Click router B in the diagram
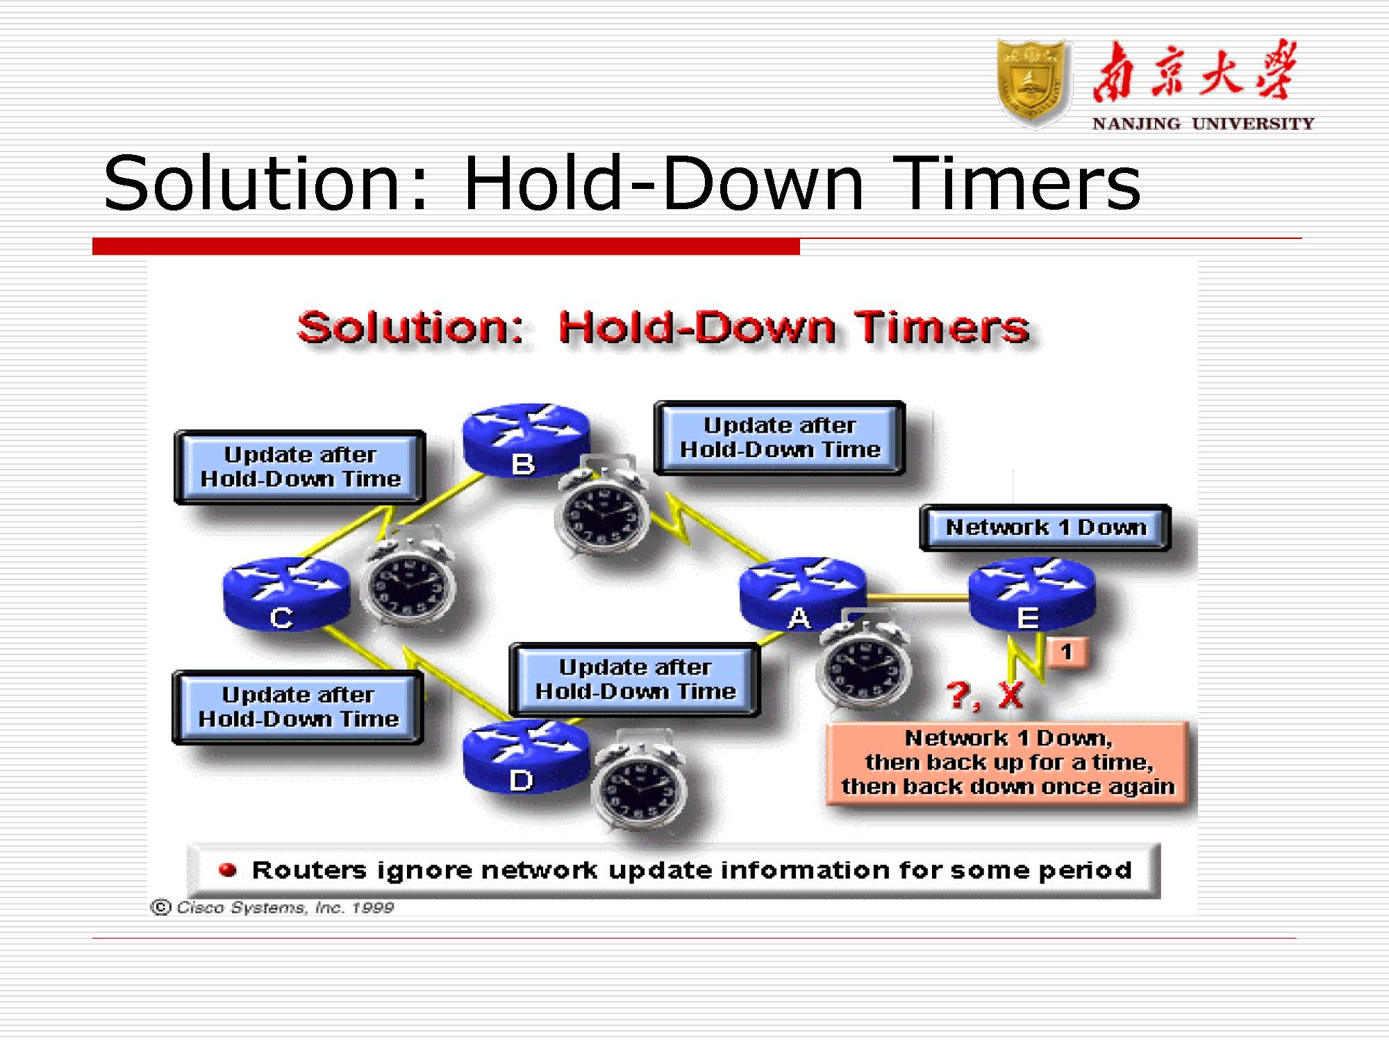(x=526, y=440)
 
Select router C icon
(x=286, y=594)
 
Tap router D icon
(x=526, y=757)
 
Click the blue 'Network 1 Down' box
(x=1045, y=528)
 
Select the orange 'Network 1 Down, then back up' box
(x=1008, y=763)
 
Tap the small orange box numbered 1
(x=1067, y=652)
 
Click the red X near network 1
(x=1010, y=695)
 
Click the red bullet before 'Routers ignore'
(x=228, y=870)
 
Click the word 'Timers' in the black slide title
(x=1017, y=183)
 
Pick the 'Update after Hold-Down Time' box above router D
(x=635, y=679)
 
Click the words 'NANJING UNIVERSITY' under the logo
(x=1203, y=124)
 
